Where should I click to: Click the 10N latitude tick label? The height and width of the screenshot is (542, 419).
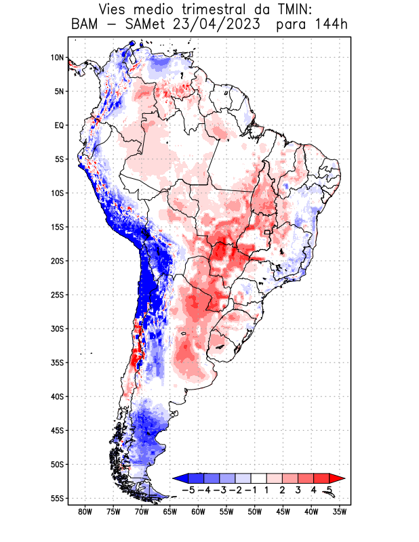(57, 58)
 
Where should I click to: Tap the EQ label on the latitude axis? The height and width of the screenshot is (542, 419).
(59, 125)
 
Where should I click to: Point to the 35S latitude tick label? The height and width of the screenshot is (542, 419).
(57, 362)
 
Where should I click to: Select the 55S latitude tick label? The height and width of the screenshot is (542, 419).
(57, 498)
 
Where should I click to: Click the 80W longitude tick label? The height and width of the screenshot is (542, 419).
(85, 512)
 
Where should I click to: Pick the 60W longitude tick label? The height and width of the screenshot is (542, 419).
(198, 512)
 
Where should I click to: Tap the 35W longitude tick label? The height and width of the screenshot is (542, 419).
(340, 512)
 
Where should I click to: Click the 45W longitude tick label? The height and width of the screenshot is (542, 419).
(283, 512)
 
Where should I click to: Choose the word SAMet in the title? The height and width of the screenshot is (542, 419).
(144, 25)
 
